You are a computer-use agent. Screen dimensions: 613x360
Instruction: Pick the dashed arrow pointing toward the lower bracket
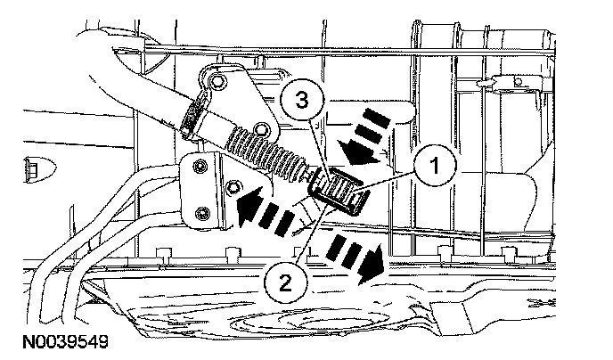264,210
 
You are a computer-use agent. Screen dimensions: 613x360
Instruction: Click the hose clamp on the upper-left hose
191,118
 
